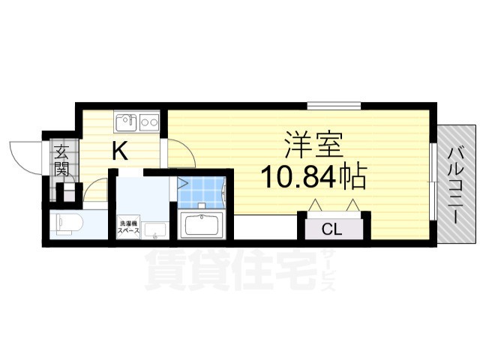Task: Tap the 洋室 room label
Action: [313, 145]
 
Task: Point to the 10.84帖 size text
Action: [313, 177]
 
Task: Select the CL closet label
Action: [331, 229]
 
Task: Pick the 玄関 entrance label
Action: [61, 160]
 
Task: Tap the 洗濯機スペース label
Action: [129, 227]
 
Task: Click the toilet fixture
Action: [67, 223]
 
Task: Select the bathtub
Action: [202, 225]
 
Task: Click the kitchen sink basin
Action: [126, 122]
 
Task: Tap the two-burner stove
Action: [149, 122]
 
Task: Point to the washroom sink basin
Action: [155, 229]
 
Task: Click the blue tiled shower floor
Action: [201, 192]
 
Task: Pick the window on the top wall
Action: [334, 106]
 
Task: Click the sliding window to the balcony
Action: [433, 181]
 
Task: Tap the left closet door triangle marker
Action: [315, 205]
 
